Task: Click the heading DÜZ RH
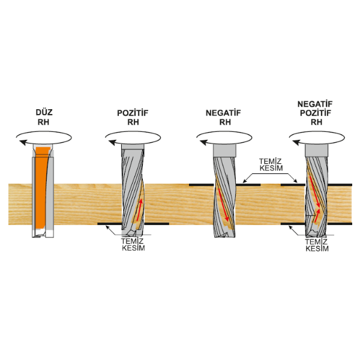coord(44,117)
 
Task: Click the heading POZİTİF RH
coord(133,118)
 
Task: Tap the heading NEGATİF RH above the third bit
coord(223,118)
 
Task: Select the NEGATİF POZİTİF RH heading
coord(315,113)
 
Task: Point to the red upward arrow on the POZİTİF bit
coord(139,210)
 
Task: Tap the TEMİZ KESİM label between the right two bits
coord(271,164)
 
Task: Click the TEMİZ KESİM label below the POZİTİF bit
coord(133,245)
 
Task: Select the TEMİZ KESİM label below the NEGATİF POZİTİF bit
coord(317,245)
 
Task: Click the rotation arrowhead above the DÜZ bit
coord(23,142)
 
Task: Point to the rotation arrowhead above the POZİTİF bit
coord(112,143)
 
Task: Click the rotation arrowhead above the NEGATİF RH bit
coord(203,143)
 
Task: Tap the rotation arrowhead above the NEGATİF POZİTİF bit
coord(296,143)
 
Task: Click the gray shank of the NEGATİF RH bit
coord(224,150)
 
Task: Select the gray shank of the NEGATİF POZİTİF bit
coord(317,150)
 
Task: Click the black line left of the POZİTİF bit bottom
coord(110,224)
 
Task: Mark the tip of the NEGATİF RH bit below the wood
coord(224,236)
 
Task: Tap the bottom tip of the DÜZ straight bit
coord(43,236)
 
